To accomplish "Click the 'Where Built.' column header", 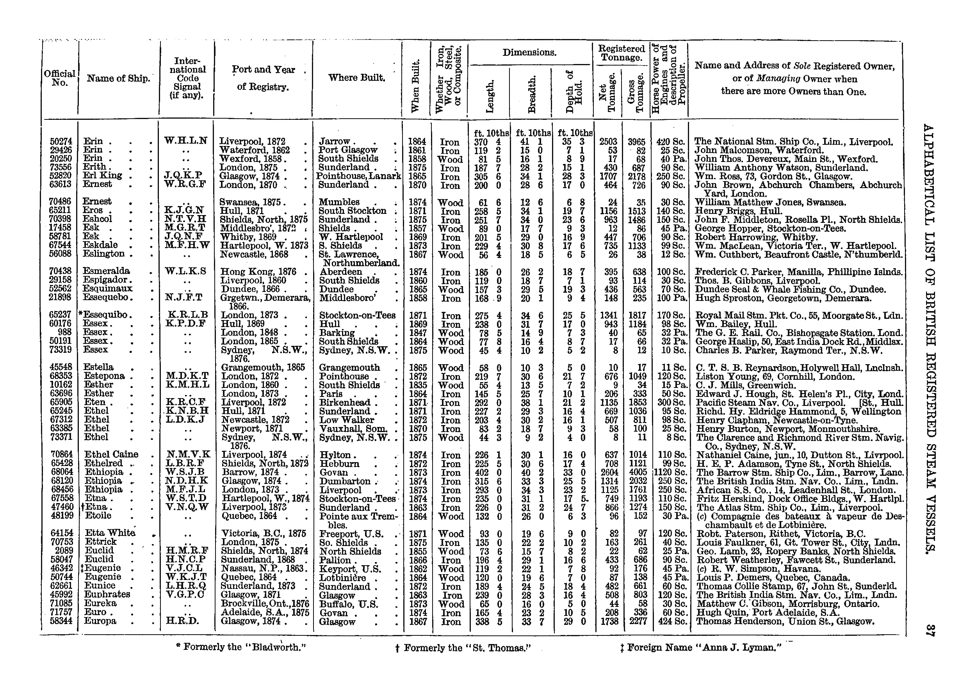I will pos(357,78).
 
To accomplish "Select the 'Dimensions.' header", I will pos(529,53).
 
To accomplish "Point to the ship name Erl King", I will pos(103,176).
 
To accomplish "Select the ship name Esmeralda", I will pos(106,271).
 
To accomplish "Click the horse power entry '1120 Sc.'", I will pos(670,473).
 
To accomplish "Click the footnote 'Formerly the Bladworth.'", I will pos(242,647).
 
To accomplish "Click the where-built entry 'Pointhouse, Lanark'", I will pos(358,176).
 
